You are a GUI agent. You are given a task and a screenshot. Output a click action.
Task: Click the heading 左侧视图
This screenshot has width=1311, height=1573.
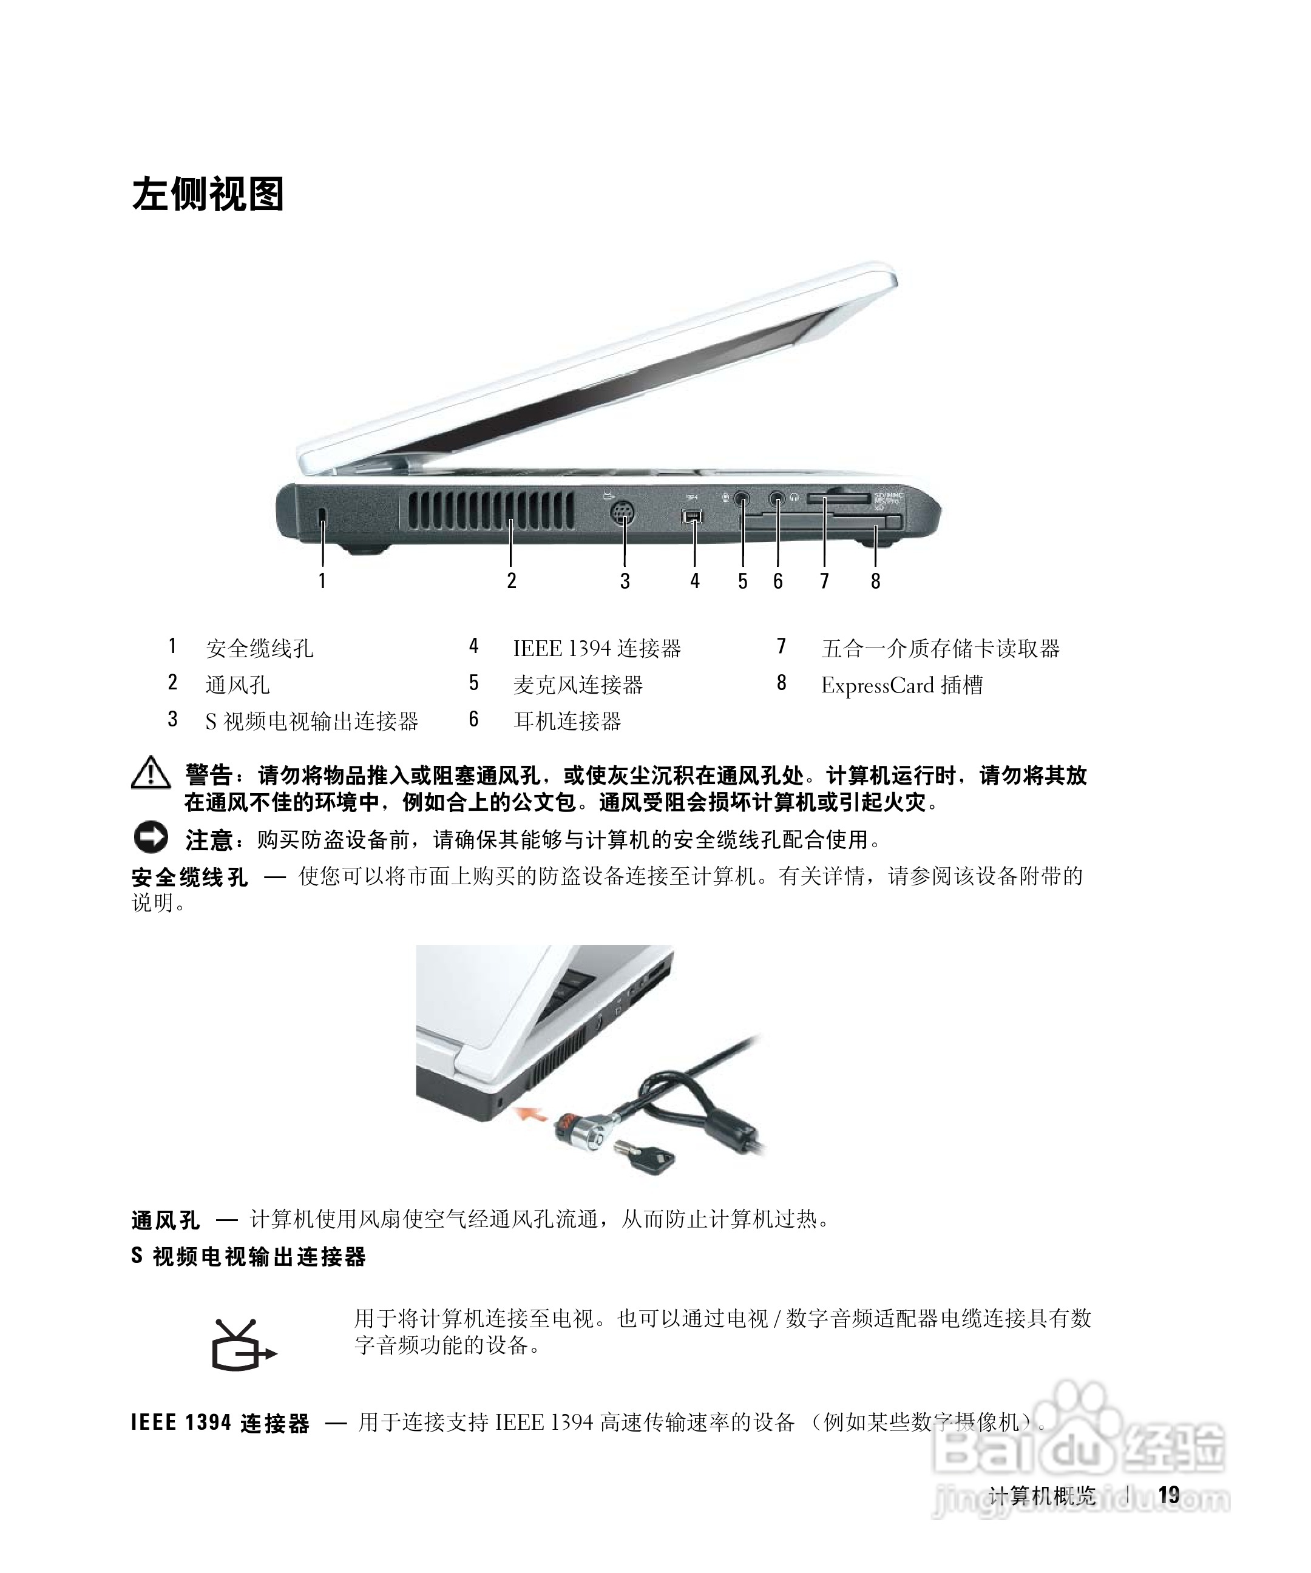coord(208,194)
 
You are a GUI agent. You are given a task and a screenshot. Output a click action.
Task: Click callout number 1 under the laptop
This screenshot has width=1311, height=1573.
coord(322,581)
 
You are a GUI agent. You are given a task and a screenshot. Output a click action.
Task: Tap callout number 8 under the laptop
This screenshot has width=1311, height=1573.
coord(875,581)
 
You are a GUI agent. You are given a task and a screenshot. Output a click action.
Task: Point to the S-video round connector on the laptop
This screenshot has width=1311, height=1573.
coord(623,515)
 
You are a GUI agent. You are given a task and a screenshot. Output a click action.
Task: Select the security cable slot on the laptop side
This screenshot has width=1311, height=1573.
coord(323,515)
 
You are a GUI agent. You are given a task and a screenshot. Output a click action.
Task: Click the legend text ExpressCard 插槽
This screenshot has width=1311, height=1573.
coord(901,685)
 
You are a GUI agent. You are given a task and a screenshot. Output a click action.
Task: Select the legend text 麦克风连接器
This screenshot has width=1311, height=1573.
coord(578,685)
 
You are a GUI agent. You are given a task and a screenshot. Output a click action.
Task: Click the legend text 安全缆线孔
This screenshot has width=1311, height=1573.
coord(259,649)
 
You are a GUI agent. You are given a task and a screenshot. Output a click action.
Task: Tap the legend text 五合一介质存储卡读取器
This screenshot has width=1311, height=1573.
coord(940,649)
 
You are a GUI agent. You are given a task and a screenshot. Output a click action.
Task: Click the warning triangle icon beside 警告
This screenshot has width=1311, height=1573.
coord(151,774)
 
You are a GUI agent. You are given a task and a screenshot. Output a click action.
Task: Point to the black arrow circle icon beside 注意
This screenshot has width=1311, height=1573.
coord(151,837)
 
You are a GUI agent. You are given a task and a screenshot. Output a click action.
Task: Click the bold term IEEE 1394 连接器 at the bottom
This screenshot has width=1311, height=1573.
coord(220,1423)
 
